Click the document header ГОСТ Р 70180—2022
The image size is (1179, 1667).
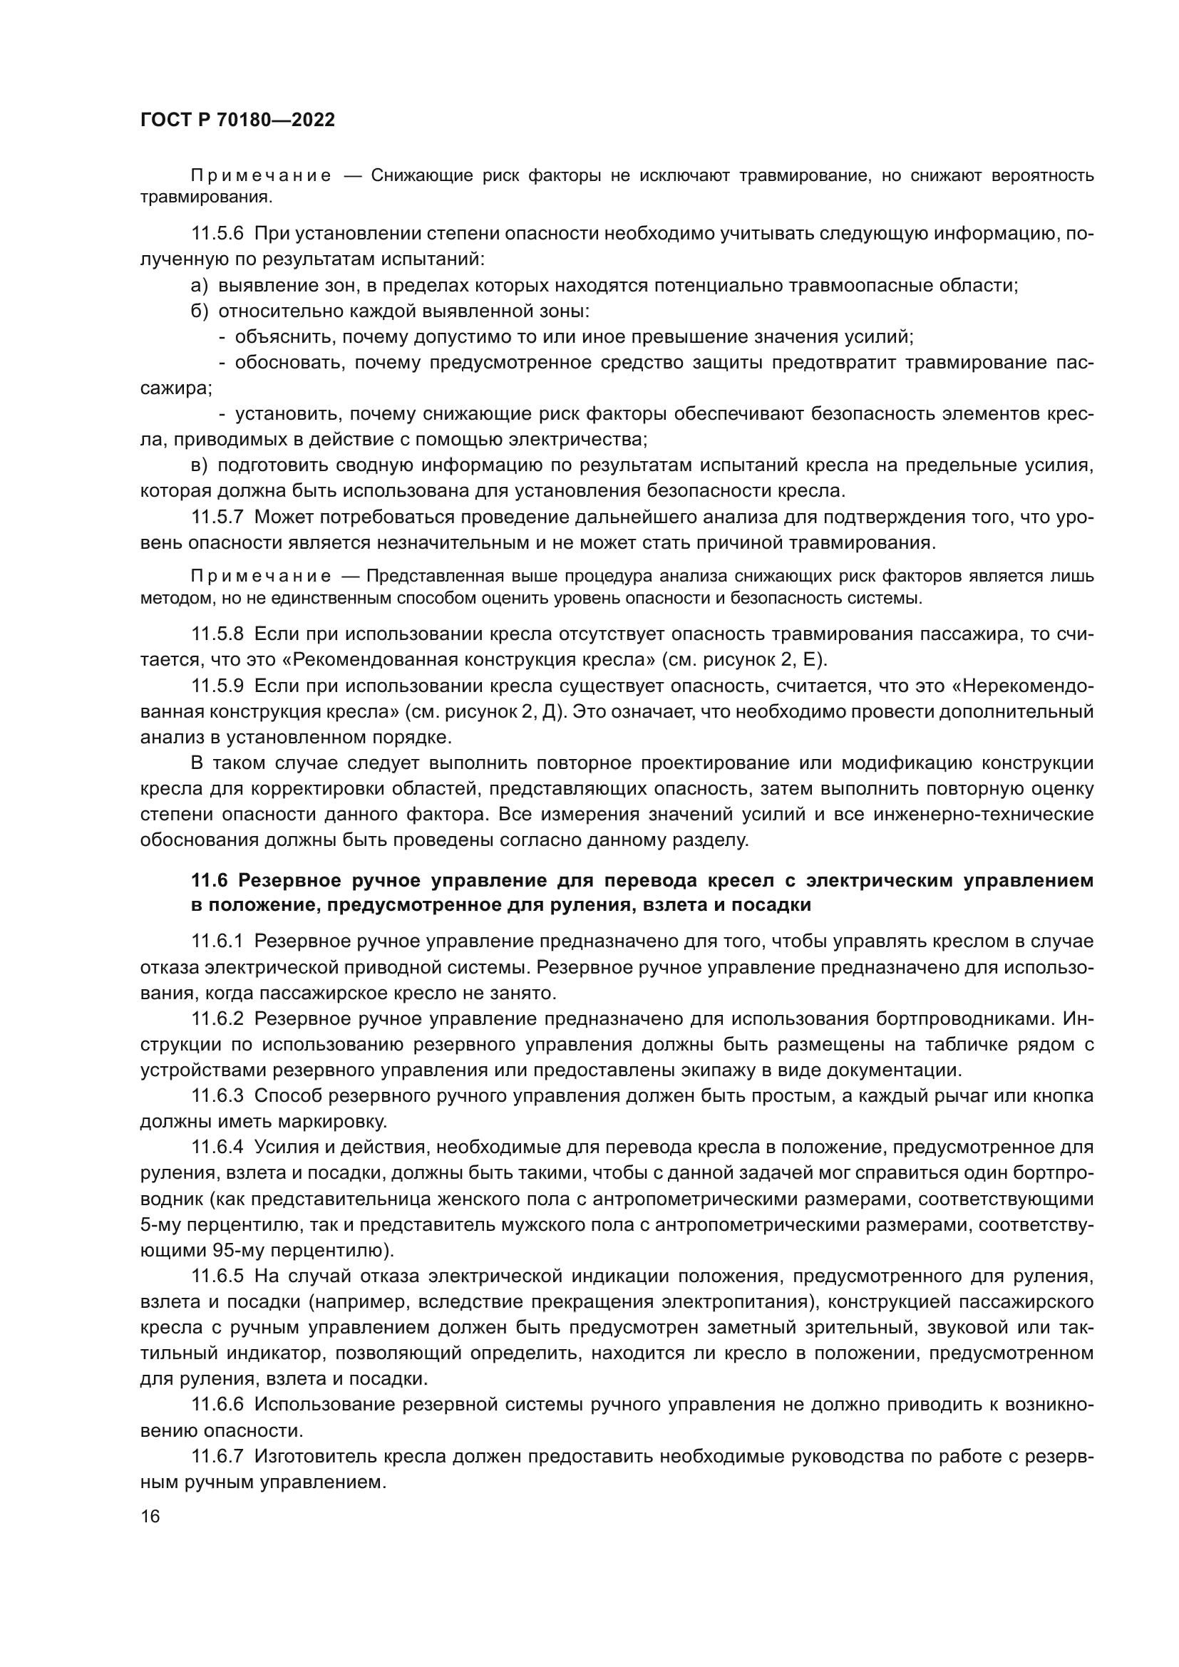pos(237,120)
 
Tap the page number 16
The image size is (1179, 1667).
pos(150,1516)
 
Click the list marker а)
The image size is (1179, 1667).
pos(200,285)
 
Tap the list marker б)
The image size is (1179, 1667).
pos(200,311)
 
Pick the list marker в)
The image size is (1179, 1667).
pos(200,465)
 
